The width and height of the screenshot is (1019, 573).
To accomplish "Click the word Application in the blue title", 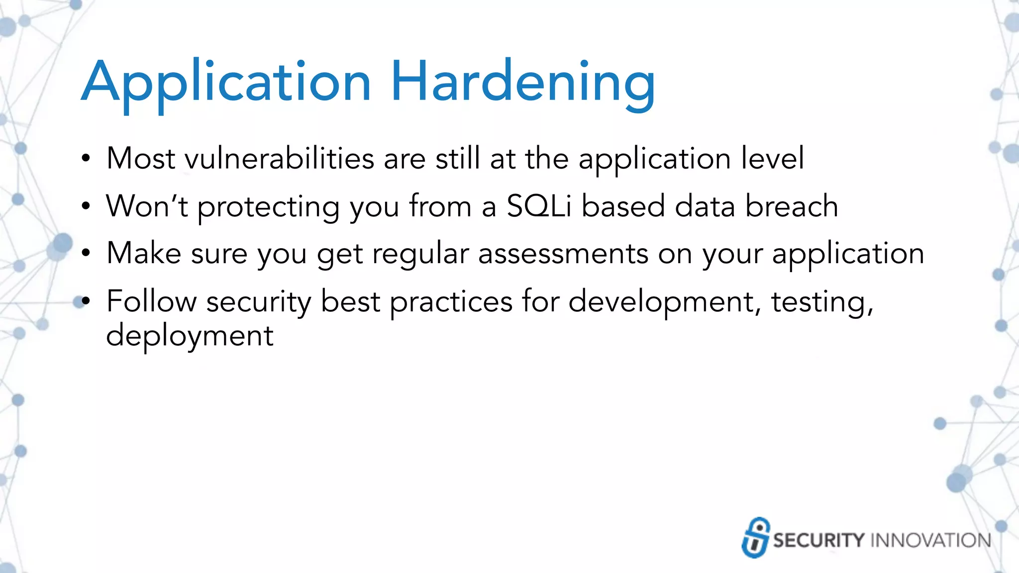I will coord(226,82).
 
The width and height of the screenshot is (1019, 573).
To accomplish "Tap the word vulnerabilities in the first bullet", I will coord(279,159).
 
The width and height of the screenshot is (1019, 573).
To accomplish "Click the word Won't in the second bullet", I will coord(147,206).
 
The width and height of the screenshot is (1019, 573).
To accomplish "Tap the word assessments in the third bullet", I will coord(563,254).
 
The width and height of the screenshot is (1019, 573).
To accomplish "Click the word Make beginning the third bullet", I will coord(144,254).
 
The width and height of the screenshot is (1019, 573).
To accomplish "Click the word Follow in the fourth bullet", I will coord(151,301).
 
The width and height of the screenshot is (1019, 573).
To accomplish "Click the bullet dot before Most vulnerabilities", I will coord(86,160).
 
